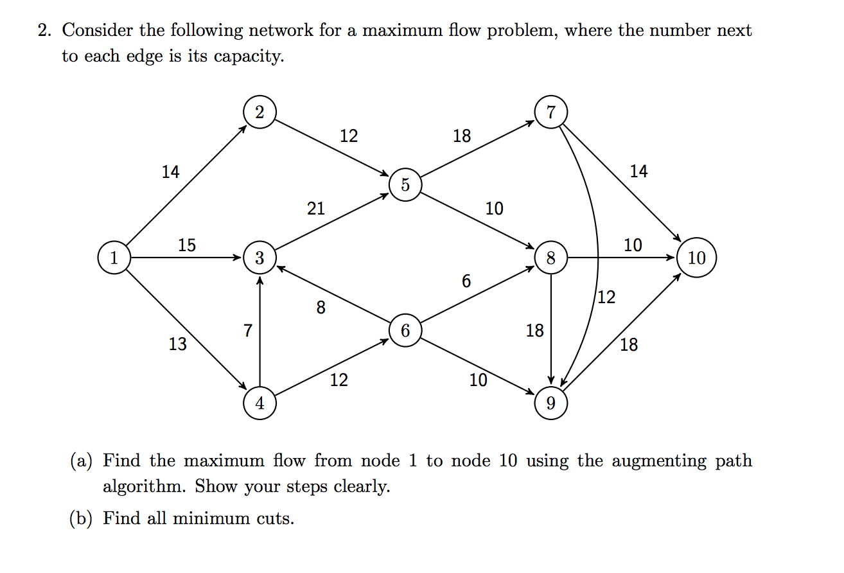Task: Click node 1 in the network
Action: coord(114,258)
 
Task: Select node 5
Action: coord(405,185)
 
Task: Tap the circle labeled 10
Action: coord(696,258)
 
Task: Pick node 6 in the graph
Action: coord(405,331)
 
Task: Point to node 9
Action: coord(550,403)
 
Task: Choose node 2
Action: coord(259,112)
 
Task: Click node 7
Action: coord(550,112)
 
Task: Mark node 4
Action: coord(259,403)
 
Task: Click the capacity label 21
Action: coord(315,208)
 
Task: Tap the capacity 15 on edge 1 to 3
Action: coord(187,245)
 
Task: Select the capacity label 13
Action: coord(178,345)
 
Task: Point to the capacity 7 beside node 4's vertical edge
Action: coord(247,331)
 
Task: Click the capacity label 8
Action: coord(321,308)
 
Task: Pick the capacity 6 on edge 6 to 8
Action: coord(466,281)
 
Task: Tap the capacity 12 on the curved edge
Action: coord(606,297)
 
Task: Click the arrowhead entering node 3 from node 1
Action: coord(238,258)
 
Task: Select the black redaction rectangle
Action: coord(710,502)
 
